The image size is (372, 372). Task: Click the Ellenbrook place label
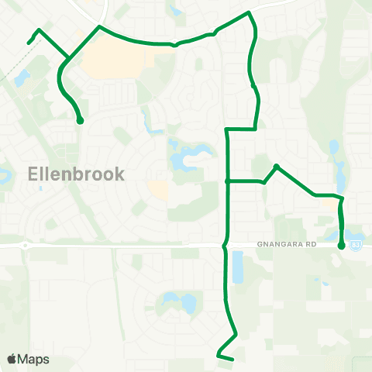[76, 173]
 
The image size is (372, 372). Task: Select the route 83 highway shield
[356, 245]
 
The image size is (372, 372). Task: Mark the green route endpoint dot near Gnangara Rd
[342, 246]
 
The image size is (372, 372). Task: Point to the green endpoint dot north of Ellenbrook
[80, 121]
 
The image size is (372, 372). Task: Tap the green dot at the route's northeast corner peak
[248, 13]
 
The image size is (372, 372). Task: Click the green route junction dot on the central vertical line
[226, 181]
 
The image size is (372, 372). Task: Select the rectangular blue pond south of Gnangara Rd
[238, 267]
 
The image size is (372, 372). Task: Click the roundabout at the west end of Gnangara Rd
[26, 246]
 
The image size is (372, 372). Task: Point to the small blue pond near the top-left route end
[22, 78]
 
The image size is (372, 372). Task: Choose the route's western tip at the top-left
[29, 43]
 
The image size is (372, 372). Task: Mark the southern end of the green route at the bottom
[232, 358]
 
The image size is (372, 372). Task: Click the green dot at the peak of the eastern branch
[277, 166]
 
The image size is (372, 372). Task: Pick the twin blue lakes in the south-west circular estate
[177, 302]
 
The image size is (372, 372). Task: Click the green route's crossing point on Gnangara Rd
[226, 246]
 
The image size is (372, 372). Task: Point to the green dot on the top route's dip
[176, 44]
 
